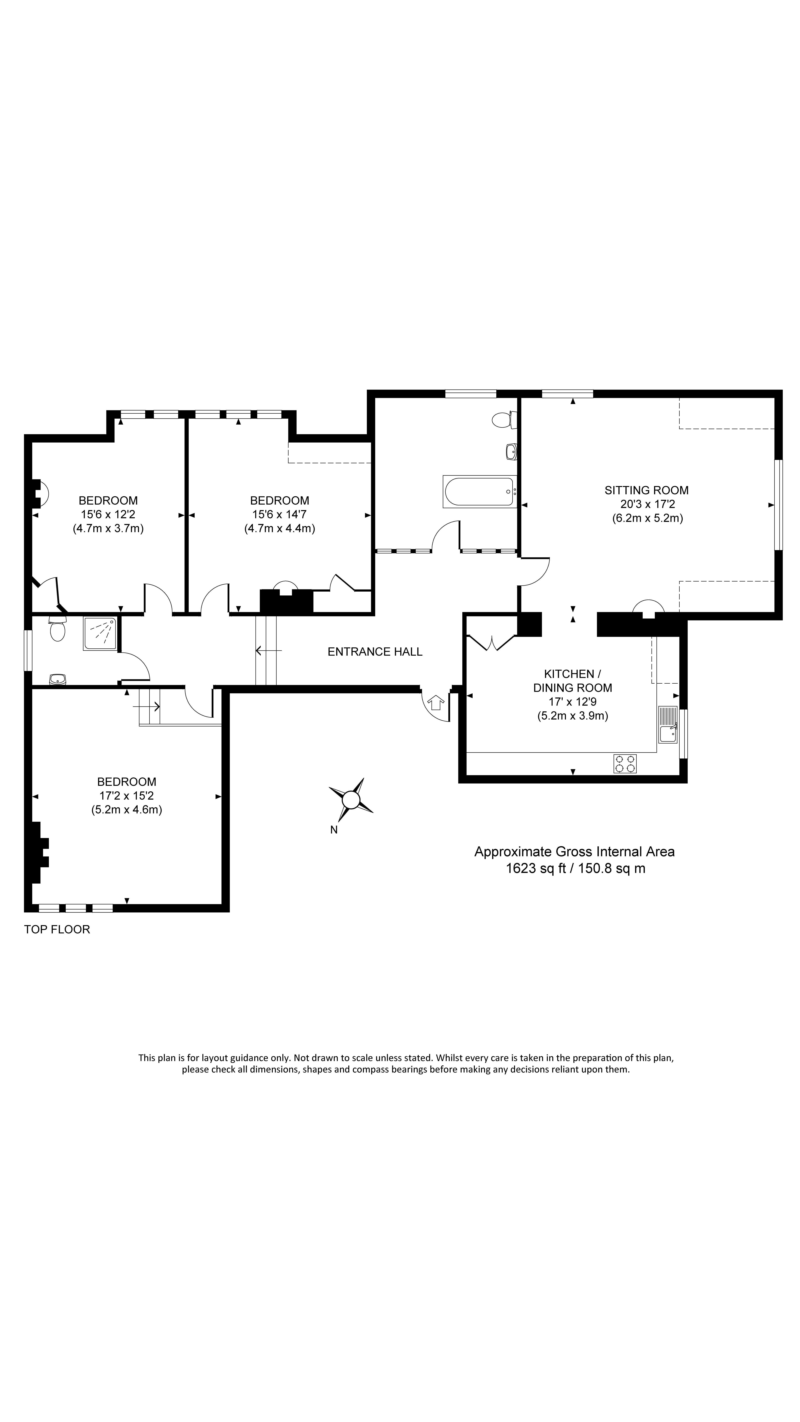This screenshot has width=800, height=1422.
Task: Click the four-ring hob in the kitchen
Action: tap(624, 763)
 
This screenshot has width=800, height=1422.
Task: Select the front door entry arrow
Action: tap(436, 703)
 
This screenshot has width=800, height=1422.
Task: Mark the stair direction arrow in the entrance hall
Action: tap(269, 651)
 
